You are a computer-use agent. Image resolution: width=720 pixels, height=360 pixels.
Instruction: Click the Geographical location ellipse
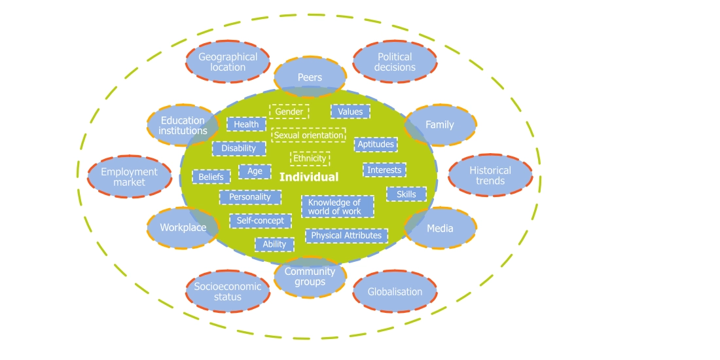tap(228, 62)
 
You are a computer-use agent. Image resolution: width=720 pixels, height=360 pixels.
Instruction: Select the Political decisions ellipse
tap(395, 62)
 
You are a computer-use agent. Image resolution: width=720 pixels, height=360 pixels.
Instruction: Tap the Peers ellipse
tap(310, 77)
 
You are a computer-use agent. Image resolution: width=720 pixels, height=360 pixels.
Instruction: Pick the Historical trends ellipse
tap(490, 175)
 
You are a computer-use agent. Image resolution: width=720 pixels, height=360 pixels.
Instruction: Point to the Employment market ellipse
tap(129, 177)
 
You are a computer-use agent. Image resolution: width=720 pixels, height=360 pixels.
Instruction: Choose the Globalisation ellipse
tap(395, 291)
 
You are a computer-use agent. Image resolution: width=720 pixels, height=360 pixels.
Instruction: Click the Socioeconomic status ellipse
tap(227, 291)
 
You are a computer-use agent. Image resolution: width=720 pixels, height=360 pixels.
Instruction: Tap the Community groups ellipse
tap(310, 277)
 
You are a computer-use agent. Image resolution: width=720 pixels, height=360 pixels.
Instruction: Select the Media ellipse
tap(440, 228)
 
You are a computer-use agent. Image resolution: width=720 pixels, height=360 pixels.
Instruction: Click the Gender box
tap(289, 112)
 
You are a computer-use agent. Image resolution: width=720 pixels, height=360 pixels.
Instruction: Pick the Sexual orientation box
tap(308, 135)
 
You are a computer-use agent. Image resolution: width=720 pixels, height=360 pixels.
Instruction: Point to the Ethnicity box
tap(310, 158)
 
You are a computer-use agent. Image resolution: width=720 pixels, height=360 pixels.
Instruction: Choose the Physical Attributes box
tap(346, 236)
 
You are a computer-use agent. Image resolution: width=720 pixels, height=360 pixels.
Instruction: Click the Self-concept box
tap(260, 221)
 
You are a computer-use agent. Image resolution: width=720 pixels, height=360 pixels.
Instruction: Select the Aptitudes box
tap(376, 144)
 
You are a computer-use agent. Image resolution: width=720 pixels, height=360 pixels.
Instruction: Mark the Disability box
tap(239, 149)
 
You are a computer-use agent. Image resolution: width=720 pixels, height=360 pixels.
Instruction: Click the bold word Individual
tap(309, 177)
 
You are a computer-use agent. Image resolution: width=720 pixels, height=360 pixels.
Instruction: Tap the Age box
tap(255, 171)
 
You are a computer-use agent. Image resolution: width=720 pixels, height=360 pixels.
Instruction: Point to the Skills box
tap(406, 194)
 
